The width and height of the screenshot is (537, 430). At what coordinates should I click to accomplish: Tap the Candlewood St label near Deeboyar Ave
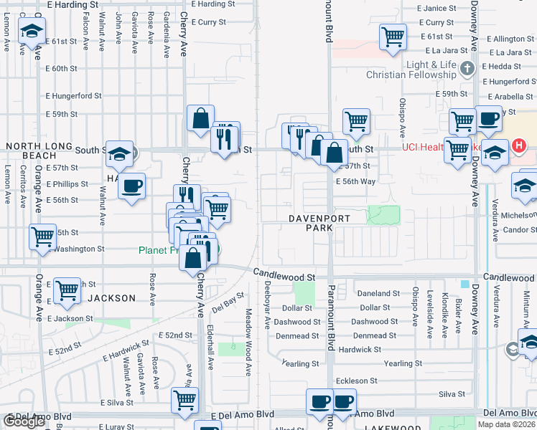(x=284, y=276)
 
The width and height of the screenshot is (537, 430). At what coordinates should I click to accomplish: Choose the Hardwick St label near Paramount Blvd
(x=360, y=350)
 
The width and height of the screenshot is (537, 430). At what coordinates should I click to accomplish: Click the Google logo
(x=24, y=421)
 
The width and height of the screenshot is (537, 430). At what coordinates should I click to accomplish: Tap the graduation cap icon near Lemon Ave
(x=31, y=32)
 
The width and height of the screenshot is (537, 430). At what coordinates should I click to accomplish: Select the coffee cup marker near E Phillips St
(x=132, y=187)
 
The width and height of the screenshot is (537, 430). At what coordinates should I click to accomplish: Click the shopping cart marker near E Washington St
(x=42, y=236)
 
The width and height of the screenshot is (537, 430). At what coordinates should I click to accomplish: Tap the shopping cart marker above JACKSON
(x=67, y=290)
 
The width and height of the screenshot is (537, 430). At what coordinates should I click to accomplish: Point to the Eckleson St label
(x=357, y=381)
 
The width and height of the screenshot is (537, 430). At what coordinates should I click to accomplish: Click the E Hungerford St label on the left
(x=73, y=95)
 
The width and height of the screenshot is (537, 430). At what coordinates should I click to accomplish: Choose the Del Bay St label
(x=228, y=303)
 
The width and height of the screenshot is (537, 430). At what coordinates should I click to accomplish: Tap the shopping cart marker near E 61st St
(x=393, y=37)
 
